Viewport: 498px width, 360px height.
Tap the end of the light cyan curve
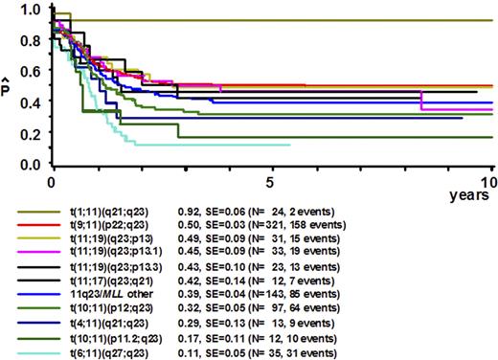290,146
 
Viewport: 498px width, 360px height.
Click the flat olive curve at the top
287,20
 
